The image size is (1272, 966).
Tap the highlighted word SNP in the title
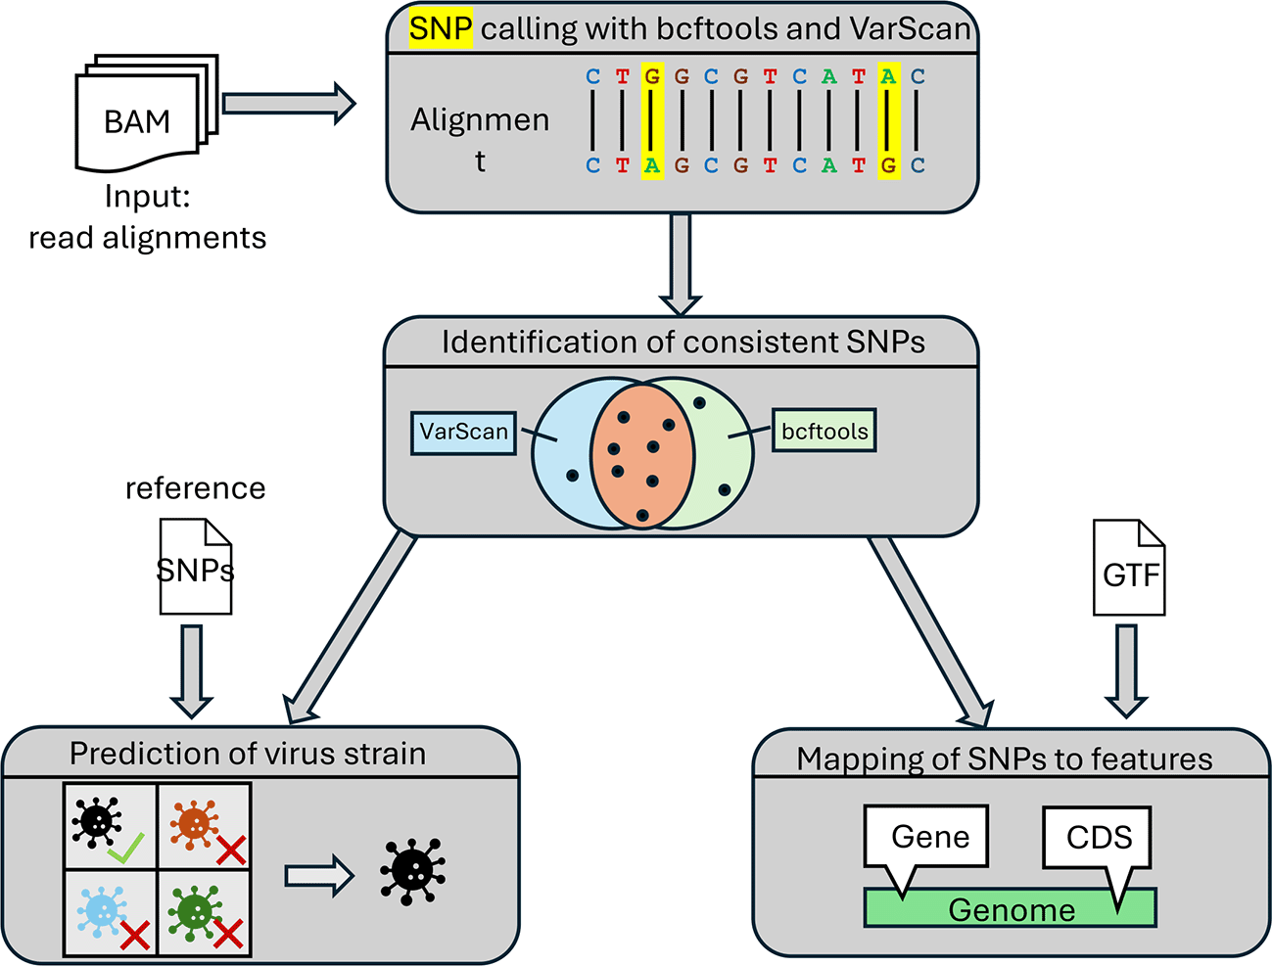[441, 28]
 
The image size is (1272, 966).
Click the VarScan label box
[463, 432]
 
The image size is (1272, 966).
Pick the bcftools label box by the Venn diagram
[824, 431]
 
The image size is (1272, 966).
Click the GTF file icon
[1129, 568]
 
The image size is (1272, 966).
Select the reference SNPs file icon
[196, 568]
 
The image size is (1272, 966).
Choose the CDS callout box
[1097, 838]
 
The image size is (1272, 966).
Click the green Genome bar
[1010, 909]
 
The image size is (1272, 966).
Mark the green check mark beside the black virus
[126, 848]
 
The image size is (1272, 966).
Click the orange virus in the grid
[195, 823]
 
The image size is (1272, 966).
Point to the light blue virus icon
[102, 910]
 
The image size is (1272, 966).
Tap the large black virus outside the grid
[412, 870]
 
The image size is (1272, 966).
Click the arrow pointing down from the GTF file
[1126, 670]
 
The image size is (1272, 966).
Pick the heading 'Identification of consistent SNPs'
[683, 342]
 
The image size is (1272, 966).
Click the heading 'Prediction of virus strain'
[248, 754]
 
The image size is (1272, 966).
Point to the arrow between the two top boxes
[681, 262]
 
